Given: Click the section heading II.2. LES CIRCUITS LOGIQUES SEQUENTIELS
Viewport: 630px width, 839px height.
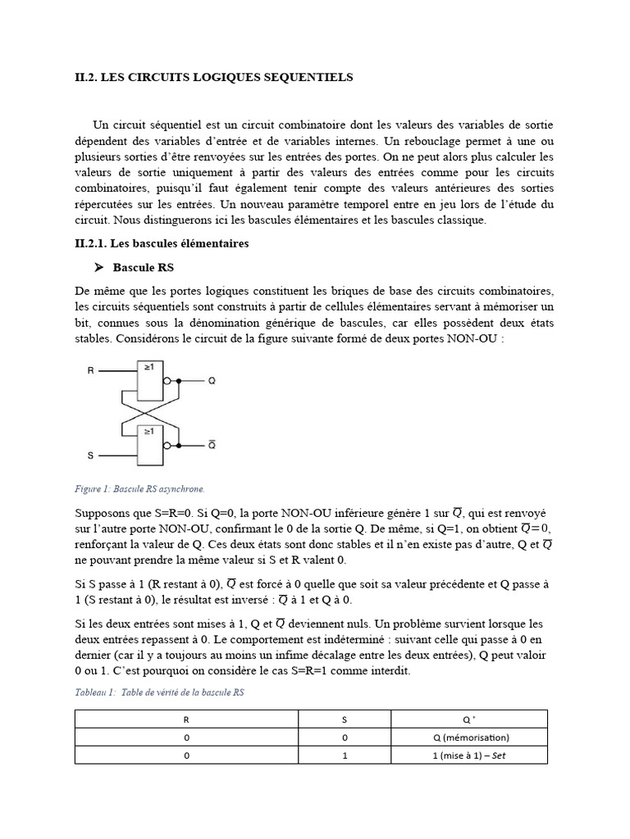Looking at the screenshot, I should [213, 78].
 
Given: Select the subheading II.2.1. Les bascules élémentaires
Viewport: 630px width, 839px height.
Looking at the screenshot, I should [162, 243].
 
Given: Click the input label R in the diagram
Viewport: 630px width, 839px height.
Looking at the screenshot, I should [91, 371].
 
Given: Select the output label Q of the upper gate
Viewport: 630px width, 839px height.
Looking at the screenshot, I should [212, 381].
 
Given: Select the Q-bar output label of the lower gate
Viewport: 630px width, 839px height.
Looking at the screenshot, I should [212, 446].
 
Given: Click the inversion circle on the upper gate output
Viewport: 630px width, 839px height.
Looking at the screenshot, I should [168, 381].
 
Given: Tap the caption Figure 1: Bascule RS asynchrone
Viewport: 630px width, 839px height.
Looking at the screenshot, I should [139, 489].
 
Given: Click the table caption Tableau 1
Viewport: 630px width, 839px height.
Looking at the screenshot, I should [159, 692].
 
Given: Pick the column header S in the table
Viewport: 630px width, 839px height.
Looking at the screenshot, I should [345, 719].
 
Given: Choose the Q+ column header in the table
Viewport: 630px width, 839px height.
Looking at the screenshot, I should [469, 719].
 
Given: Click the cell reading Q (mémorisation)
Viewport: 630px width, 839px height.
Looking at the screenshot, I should [470, 737].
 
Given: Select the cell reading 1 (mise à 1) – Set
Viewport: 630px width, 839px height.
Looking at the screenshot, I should [470, 755].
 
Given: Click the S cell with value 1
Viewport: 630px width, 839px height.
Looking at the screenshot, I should [345, 755].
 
